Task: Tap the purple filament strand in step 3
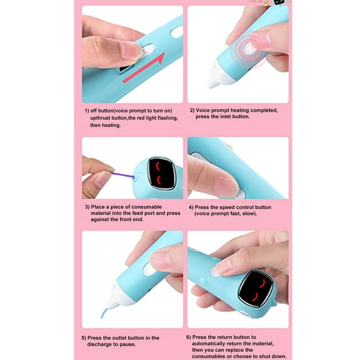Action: click(123, 175)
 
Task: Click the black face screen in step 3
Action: click(161, 174)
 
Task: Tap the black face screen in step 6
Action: click(256, 289)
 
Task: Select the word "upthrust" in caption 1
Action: click(100, 118)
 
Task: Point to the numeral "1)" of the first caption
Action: click(87, 111)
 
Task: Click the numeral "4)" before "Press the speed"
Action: click(191, 207)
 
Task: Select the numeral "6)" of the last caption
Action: click(188, 337)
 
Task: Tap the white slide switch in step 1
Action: click(148, 50)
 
